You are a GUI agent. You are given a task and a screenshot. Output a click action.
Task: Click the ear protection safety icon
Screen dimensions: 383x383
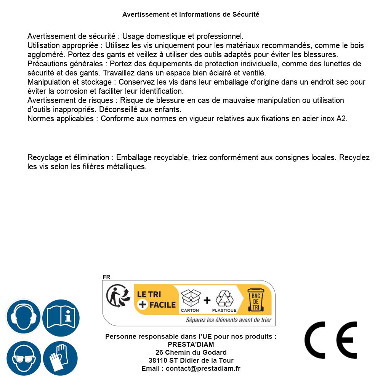point(24,317)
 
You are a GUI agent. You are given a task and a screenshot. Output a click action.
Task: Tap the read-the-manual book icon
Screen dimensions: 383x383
point(61,317)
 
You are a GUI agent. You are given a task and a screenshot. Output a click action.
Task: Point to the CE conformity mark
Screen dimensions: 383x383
point(331,340)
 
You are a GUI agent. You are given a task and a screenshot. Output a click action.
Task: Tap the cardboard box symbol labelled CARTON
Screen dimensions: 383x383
point(190,298)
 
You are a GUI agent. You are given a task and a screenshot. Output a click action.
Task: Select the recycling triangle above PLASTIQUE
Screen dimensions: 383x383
point(224,298)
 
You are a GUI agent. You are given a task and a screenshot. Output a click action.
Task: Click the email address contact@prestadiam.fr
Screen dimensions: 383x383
point(203,369)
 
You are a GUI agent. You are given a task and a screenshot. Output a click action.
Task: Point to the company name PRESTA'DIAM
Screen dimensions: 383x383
point(191,345)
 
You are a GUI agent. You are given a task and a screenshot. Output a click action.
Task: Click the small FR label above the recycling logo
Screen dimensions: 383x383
point(106,277)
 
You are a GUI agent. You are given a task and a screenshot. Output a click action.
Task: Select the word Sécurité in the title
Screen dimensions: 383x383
point(246,14)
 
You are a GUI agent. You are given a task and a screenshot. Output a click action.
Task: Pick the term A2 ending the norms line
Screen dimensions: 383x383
point(342,119)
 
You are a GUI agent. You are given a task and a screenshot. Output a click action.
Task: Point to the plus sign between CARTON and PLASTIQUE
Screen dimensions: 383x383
point(207,300)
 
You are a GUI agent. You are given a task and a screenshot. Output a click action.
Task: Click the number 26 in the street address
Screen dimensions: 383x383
point(159,353)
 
